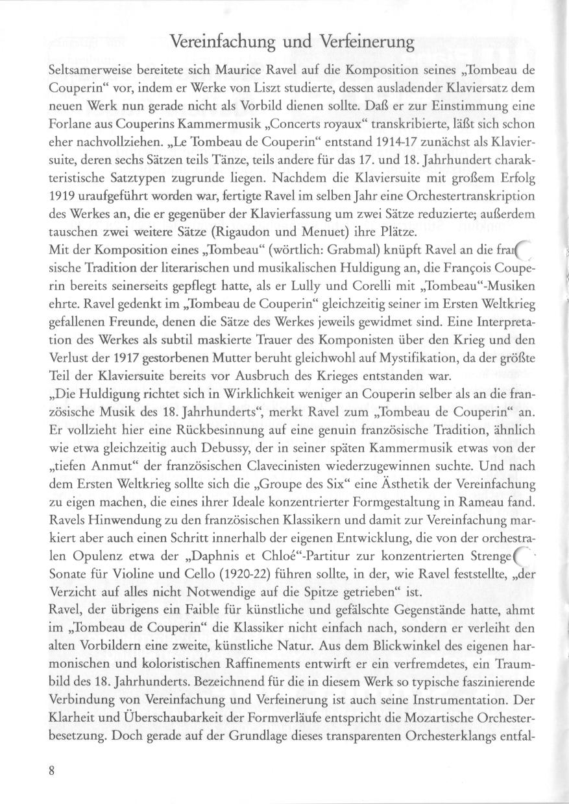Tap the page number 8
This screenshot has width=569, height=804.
51,770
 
